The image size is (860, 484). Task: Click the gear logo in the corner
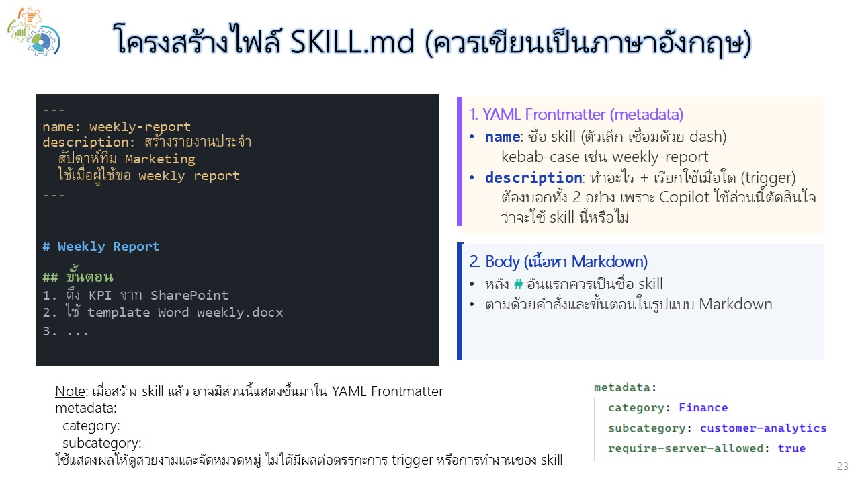[34, 32]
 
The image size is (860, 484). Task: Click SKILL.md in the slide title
[351, 42]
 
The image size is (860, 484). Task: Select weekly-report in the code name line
[140, 126]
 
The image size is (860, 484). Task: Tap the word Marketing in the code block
[160, 159]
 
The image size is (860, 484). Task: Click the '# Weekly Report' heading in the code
[101, 246]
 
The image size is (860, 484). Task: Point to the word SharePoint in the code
[189, 295]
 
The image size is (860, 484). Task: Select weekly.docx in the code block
[240, 313]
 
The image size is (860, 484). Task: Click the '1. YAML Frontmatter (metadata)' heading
[576, 114]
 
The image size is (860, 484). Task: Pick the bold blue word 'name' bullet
[502, 136]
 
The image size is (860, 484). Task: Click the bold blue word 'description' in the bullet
[533, 177]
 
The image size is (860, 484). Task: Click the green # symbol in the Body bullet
[518, 284]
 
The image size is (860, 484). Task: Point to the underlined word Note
[70, 391]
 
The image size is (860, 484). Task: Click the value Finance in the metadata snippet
[703, 407]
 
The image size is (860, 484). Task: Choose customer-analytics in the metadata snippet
[763, 428]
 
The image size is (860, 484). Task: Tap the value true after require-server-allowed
[791, 448]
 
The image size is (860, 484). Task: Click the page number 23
[843, 467]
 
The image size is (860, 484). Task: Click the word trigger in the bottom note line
[412, 460]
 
